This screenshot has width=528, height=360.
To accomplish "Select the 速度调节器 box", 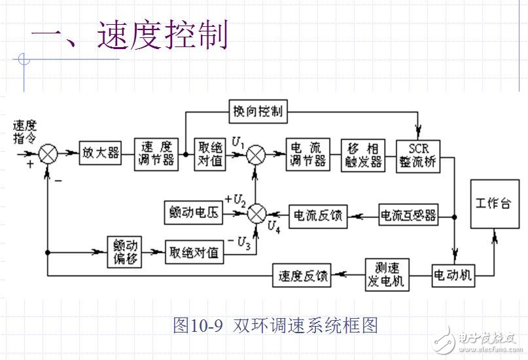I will click(156, 154).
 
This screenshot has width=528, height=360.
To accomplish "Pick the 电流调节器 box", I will click(308, 154).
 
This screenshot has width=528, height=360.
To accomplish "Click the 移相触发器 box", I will click(364, 154).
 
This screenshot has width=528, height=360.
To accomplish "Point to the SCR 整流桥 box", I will click(419, 154).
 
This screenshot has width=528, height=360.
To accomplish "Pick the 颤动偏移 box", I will click(124, 251).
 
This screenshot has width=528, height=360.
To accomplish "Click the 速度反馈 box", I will click(302, 276).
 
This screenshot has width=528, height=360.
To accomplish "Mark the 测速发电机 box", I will click(387, 275).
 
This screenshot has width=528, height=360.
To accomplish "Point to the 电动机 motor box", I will click(451, 275).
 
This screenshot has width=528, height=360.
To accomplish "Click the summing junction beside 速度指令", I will click(48, 154).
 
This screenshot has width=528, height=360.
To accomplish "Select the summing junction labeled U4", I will click(258, 213).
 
